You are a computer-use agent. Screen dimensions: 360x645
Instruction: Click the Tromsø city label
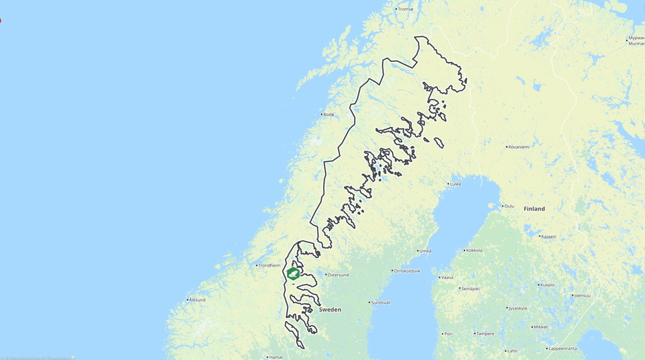(406, 9)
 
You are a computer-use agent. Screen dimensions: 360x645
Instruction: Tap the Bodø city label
(329, 115)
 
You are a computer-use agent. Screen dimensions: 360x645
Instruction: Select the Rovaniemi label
(519, 146)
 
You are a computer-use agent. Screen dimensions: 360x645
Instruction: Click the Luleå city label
(455, 184)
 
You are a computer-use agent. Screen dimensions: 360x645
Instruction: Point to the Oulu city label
(509, 206)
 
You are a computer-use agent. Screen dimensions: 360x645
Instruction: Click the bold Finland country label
(534, 209)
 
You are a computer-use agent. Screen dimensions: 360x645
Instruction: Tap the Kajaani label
(548, 236)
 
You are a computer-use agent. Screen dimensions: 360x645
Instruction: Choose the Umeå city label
(425, 251)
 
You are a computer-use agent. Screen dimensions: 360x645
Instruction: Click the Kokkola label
(474, 251)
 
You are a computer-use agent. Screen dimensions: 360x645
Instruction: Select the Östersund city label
(338, 275)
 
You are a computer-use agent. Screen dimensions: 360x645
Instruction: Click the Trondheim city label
(269, 265)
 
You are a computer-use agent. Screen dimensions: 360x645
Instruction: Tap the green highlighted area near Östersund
(293, 273)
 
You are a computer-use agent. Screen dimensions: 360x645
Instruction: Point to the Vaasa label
(447, 277)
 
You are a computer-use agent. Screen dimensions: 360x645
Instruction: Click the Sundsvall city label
(380, 303)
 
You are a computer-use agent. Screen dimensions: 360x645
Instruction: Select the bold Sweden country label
(330, 310)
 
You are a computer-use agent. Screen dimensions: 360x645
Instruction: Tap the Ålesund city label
(197, 300)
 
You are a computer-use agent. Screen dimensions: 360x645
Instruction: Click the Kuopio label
(547, 285)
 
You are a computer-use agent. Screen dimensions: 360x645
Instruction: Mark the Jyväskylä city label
(517, 308)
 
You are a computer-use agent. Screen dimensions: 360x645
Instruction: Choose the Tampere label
(484, 334)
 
